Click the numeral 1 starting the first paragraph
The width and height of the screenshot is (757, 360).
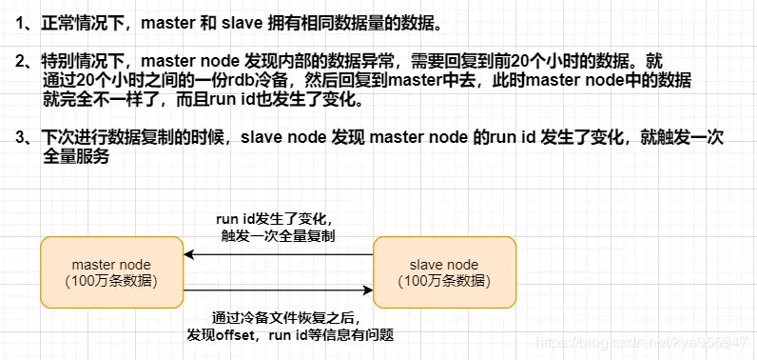coord(19,22)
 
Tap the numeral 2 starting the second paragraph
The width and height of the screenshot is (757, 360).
coord(19,62)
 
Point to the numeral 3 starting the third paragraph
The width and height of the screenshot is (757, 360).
coord(19,139)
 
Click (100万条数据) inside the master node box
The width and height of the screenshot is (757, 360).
coord(111,281)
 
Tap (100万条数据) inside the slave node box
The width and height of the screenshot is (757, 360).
coord(444,281)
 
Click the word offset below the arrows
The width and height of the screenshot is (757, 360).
coord(242,334)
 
